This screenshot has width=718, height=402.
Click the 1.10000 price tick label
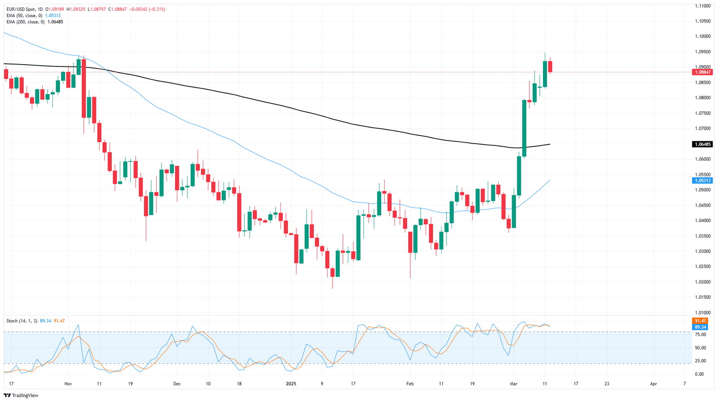[x=702, y=36]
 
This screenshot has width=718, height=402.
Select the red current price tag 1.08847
[x=702, y=72]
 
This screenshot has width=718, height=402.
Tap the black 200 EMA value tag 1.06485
[x=702, y=144]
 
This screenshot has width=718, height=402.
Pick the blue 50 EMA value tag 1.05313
[x=702, y=180]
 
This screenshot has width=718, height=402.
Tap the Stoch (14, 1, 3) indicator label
[x=22, y=321]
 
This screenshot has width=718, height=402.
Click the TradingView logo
[x=22, y=395]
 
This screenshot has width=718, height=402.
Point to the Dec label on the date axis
[x=177, y=384]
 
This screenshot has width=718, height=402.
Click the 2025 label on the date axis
[x=291, y=384]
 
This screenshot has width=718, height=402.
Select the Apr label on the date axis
[x=653, y=384]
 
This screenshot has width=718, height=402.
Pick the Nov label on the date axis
[x=68, y=384]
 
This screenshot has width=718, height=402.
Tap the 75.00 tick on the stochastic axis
[x=700, y=335]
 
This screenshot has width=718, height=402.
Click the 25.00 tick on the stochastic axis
[x=700, y=361]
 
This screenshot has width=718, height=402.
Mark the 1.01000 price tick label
[x=702, y=312]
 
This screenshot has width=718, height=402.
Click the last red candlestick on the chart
[x=550, y=66]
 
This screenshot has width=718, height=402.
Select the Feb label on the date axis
[x=410, y=384]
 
